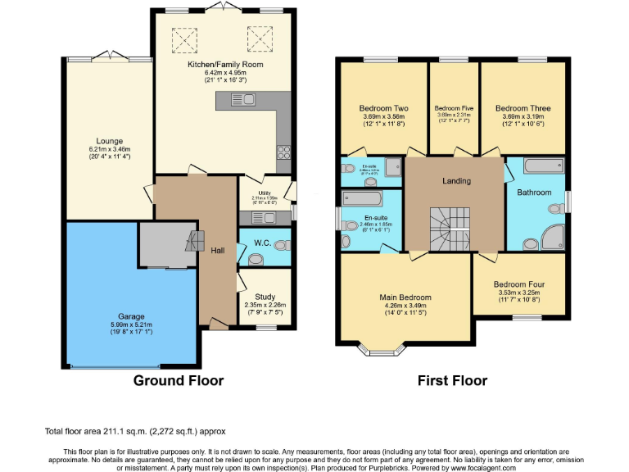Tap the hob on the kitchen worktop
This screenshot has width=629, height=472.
coord(284,151)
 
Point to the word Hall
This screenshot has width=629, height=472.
coord(217,251)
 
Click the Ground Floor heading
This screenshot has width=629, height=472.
coord(179,381)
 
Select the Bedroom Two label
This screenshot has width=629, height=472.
coord(383,108)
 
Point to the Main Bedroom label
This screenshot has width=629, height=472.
coord(405,297)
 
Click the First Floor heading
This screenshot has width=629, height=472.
coord(452,381)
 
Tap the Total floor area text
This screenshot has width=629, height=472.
coord(134,431)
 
